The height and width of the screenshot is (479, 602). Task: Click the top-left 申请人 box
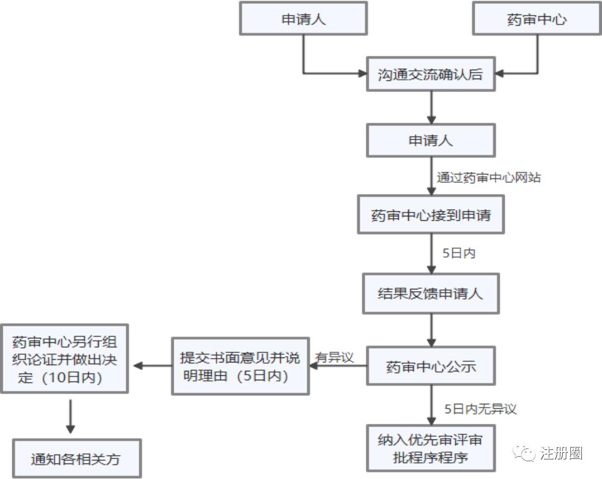(303, 19)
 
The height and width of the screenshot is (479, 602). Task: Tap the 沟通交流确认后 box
(431, 74)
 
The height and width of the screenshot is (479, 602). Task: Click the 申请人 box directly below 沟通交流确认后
(431, 140)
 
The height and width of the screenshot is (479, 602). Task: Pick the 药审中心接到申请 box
(431, 215)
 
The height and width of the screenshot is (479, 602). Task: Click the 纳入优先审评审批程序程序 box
(431, 448)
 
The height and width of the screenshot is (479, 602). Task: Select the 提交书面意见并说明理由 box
(240, 366)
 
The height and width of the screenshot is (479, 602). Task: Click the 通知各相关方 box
(76, 459)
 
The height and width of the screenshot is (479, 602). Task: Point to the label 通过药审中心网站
(489, 178)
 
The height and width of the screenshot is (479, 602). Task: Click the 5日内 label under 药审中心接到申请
(458, 253)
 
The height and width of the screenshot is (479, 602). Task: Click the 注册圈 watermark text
(561, 453)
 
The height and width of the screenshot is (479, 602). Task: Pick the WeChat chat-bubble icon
(524, 453)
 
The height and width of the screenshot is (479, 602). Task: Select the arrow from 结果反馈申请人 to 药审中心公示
(431, 331)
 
